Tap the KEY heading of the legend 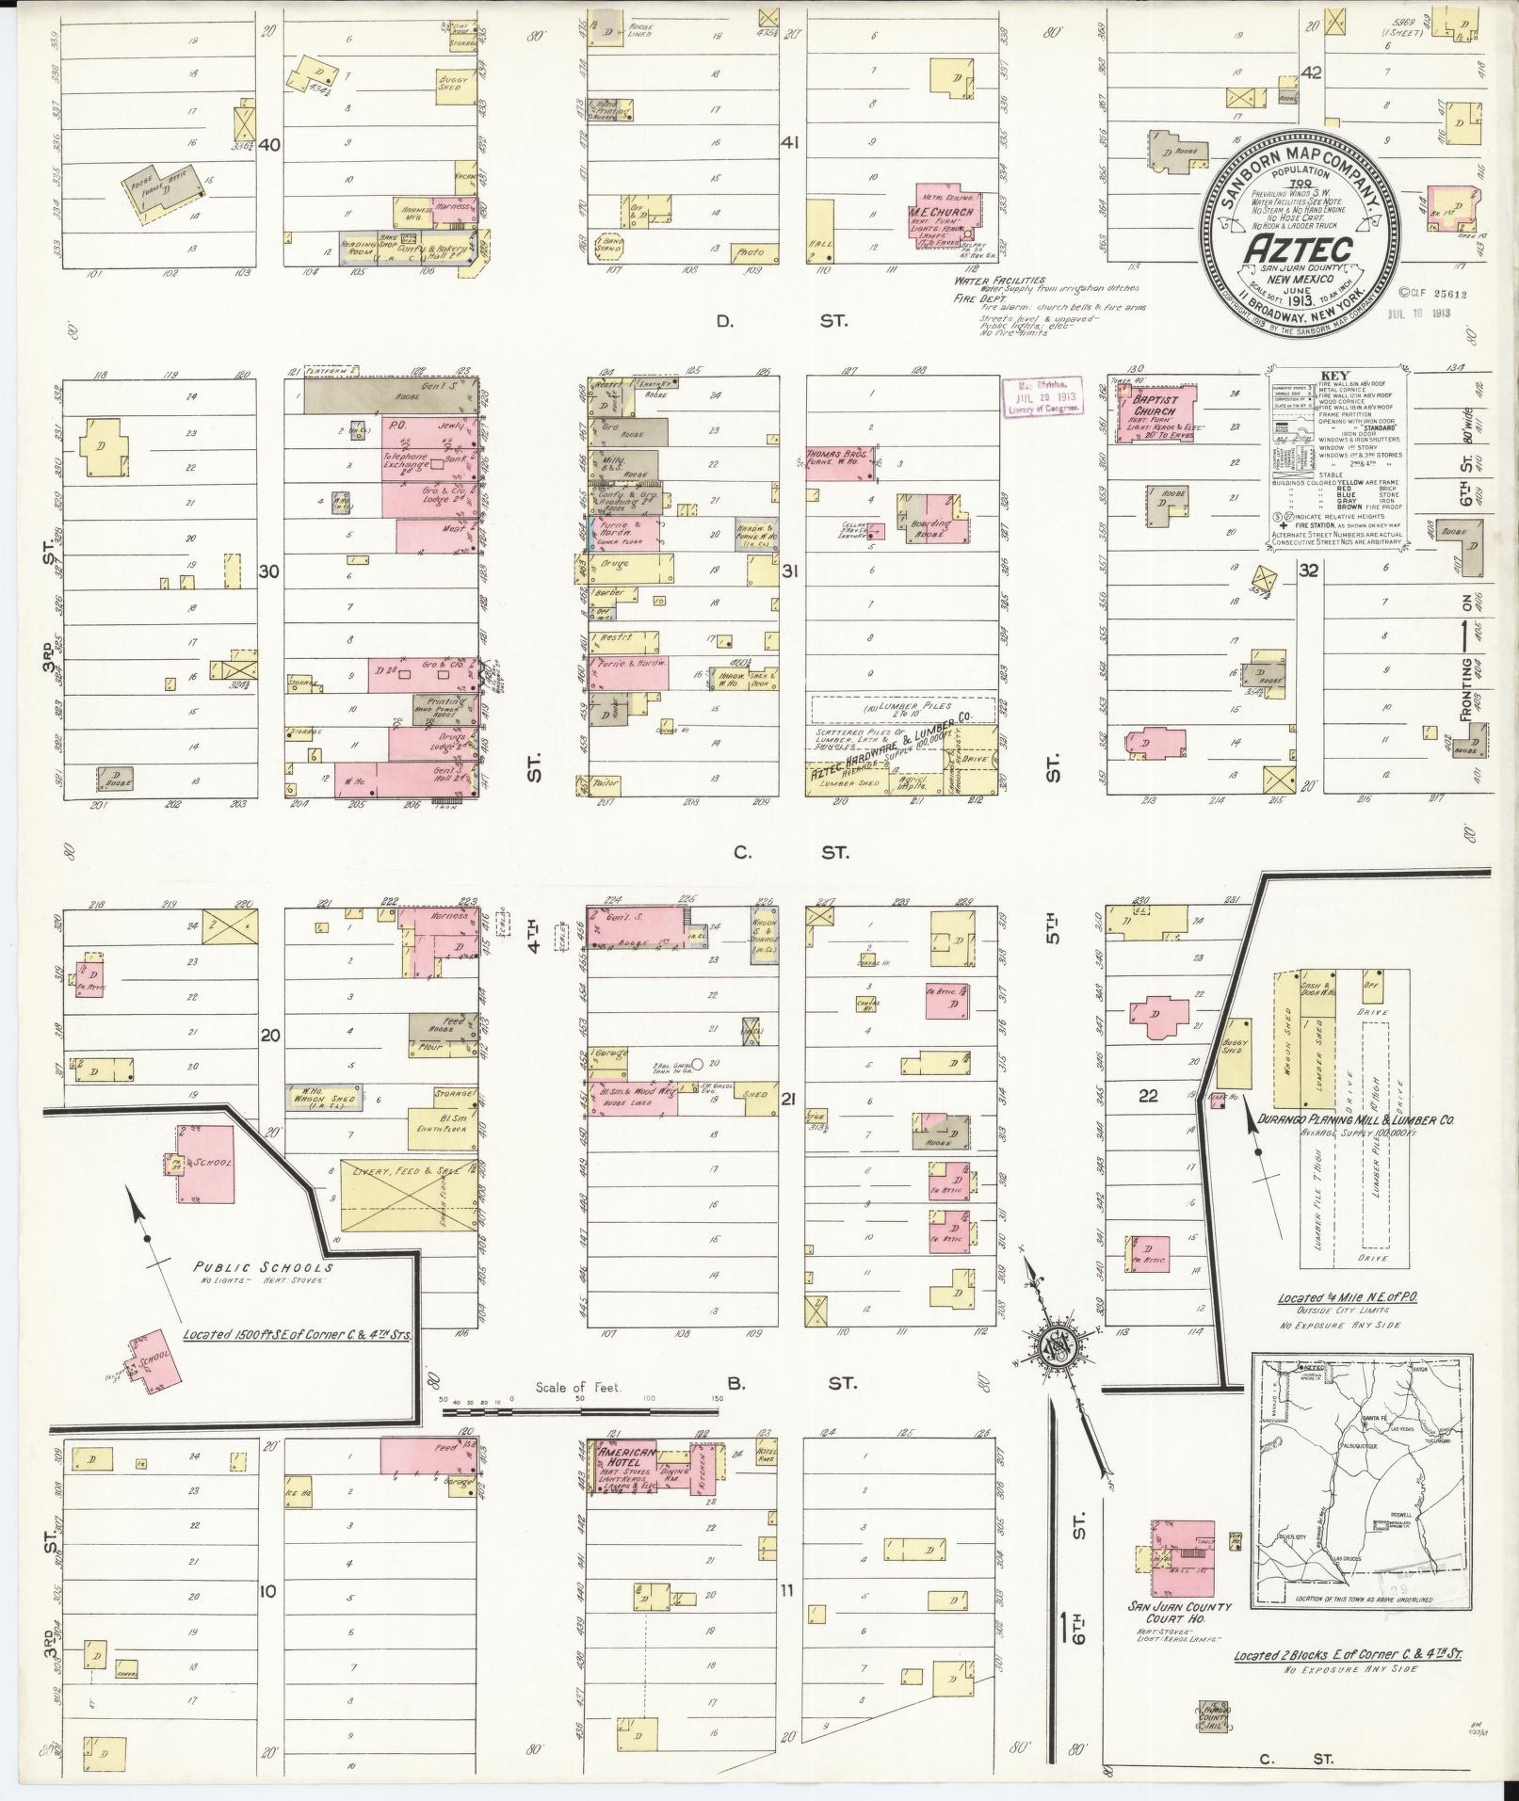click(x=1335, y=374)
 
